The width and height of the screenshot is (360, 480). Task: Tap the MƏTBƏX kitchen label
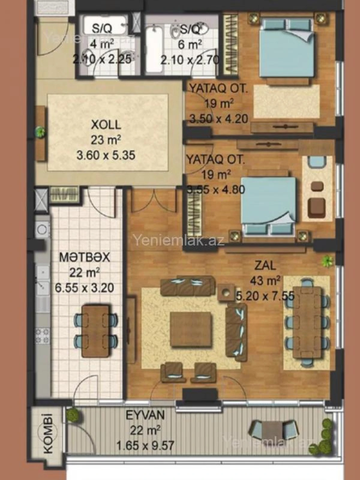[x=85, y=257]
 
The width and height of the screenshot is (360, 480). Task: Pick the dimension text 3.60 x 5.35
[x=106, y=155]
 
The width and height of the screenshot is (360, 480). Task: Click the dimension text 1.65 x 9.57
[x=145, y=445]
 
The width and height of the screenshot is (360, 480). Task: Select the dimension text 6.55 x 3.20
[x=85, y=288]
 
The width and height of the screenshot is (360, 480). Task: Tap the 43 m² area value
[x=265, y=281]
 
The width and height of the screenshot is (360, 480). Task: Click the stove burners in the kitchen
[x=42, y=336]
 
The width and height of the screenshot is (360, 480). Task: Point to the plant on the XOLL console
[x=40, y=132]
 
